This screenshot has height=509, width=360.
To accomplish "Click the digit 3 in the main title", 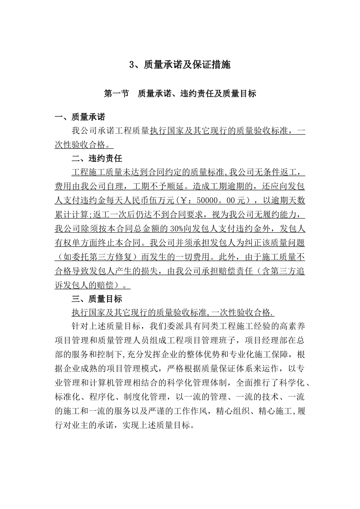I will click(x=132, y=65).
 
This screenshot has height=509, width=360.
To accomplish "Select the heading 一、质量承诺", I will click(x=80, y=117).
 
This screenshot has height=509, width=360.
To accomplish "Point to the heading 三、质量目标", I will click(x=97, y=299).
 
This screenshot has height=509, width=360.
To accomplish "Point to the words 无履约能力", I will click(x=279, y=214).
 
